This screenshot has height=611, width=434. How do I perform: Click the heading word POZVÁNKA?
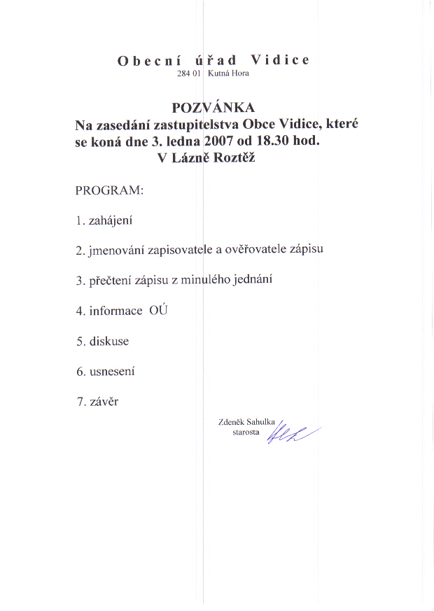tap(213, 108)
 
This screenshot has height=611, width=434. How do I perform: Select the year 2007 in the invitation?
tap(220, 141)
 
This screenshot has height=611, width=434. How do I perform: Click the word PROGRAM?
tap(109, 190)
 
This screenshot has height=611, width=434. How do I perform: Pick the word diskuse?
tap(109, 342)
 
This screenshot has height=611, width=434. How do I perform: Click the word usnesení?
tap(112, 372)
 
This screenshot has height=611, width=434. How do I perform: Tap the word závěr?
tap(104, 402)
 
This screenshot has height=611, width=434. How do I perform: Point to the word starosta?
tap(246, 433)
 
